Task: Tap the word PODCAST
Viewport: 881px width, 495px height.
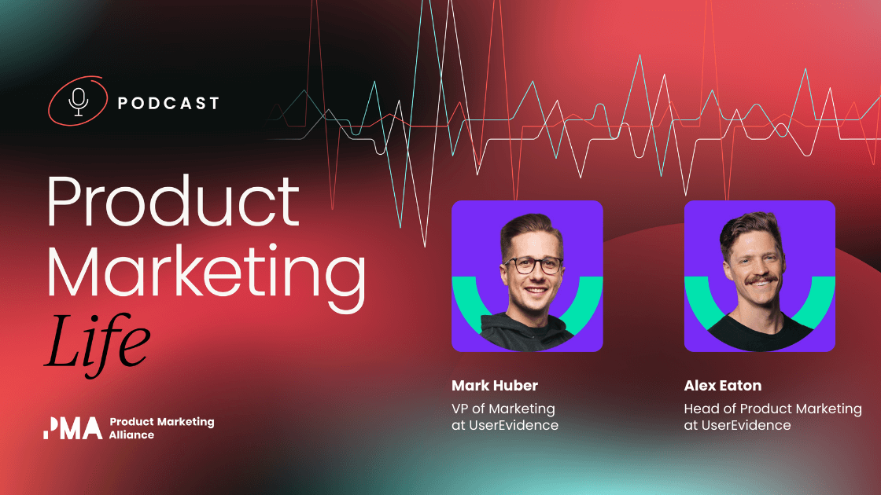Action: [168, 103]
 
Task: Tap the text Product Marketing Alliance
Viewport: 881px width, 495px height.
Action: [161, 428]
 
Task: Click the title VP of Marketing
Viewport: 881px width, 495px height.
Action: [503, 409]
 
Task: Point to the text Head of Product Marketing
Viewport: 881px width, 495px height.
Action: [772, 409]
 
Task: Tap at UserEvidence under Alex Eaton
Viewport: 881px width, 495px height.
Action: [737, 425]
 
